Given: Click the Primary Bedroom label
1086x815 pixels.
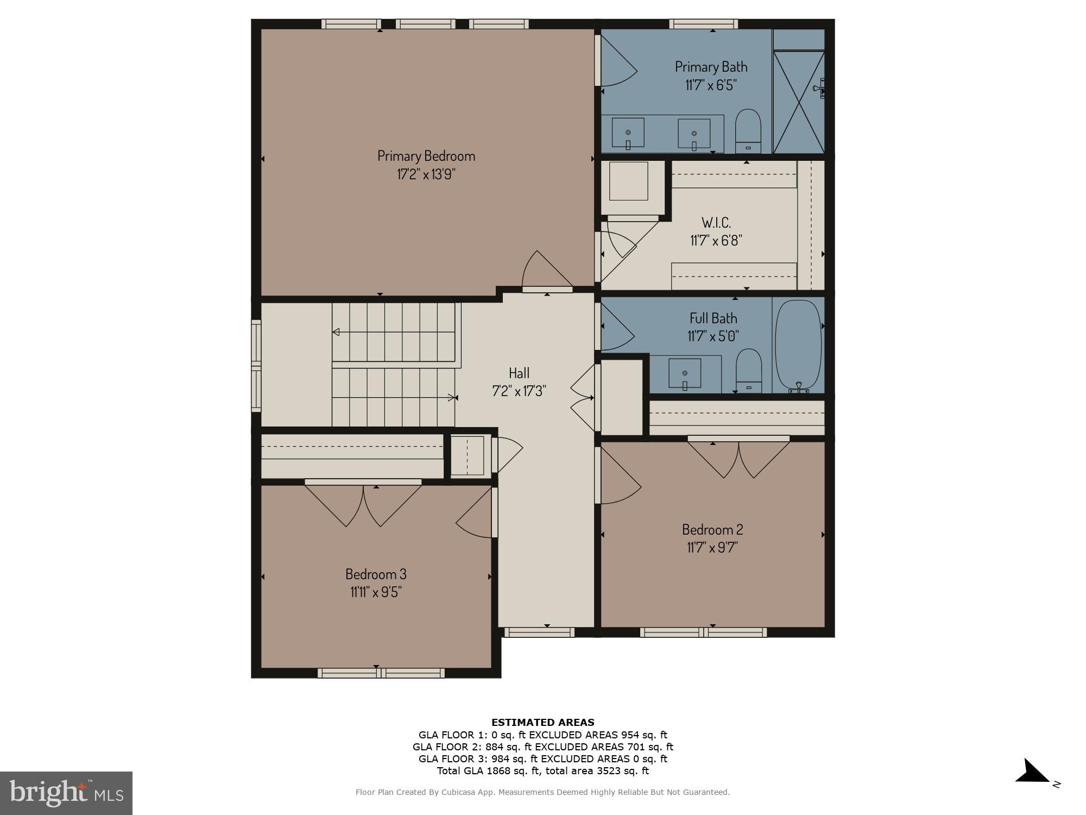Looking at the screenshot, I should click(x=426, y=156).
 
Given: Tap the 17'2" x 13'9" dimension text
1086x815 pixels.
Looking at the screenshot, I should click(x=426, y=174).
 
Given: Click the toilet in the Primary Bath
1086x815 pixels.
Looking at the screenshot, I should click(x=748, y=130).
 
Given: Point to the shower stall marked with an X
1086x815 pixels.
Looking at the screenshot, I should click(x=798, y=102).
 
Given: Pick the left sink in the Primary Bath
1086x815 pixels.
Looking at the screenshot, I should click(x=628, y=133).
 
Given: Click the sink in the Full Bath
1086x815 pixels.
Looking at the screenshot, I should click(x=684, y=373).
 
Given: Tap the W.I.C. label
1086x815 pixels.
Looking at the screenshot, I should click(x=716, y=222).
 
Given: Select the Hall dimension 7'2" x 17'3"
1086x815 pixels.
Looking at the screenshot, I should click(x=519, y=391).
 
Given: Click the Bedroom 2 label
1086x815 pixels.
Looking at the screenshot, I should click(x=712, y=529).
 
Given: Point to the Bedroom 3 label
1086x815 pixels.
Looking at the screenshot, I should click(x=376, y=574).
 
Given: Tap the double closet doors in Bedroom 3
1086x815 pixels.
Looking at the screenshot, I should click(x=363, y=504).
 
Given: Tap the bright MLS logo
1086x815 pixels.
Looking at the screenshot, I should click(x=66, y=793).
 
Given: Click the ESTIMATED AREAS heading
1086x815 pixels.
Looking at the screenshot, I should click(x=542, y=722).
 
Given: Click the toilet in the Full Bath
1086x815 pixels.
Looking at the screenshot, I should click(x=748, y=370).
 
